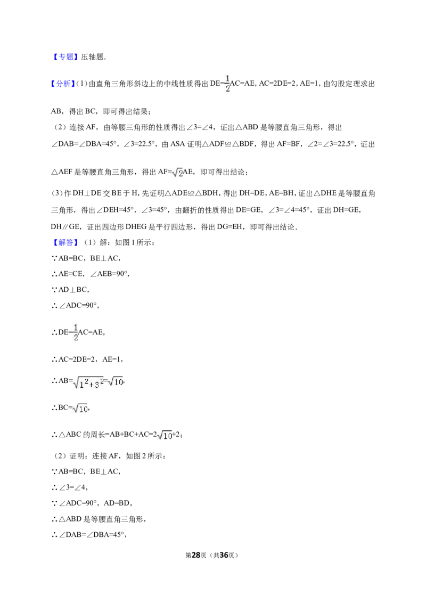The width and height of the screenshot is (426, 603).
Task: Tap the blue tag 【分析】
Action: [63, 84]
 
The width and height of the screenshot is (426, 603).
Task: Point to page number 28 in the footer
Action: [196, 555]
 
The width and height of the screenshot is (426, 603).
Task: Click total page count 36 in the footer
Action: [224, 555]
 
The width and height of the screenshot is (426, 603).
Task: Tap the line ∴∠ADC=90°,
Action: [76, 305]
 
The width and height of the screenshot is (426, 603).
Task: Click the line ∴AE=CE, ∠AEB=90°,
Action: [91, 274]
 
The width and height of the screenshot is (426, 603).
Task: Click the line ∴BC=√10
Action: [71, 408]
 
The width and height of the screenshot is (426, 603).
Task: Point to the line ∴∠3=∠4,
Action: [70, 487]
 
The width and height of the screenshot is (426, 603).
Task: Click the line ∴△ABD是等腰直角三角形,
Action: [99, 519]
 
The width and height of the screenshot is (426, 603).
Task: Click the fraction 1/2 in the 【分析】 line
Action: [227, 84]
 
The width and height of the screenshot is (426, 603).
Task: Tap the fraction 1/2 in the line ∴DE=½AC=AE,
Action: [76, 332]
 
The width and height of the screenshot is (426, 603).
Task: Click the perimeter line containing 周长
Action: [117, 435]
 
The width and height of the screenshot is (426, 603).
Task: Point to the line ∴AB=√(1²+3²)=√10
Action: [88, 382]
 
